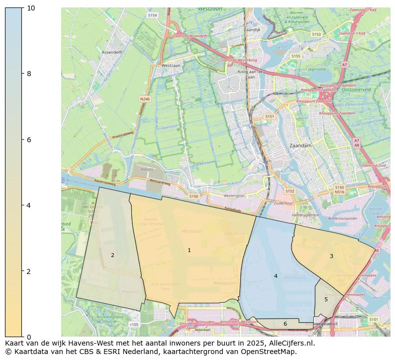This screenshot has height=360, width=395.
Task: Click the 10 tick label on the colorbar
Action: pyautogui.click(x=30, y=8)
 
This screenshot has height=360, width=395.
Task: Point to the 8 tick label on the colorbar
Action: pyautogui.click(x=29, y=74)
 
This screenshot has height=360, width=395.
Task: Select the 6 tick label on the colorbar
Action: pyautogui.click(x=29, y=140)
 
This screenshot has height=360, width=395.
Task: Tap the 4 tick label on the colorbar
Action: pyautogui.click(x=29, y=205)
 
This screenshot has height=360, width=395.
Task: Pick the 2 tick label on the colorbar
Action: pyautogui.click(x=29, y=271)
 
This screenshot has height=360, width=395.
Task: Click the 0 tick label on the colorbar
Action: pyautogui.click(x=29, y=337)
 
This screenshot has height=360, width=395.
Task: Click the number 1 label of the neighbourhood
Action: pyautogui.click(x=189, y=250)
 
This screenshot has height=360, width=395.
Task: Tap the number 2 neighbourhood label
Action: pyautogui.click(x=112, y=255)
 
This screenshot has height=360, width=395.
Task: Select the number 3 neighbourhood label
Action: pyautogui.click(x=331, y=256)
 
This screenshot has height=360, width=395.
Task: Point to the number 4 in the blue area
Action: pyautogui.click(x=276, y=276)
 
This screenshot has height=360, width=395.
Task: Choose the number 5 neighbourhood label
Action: pyautogui.click(x=326, y=299)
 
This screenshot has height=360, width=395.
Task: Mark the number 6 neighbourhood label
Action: pyautogui.click(x=285, y=324)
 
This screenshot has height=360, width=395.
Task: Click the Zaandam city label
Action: pyautogui.click(x=300, y=146)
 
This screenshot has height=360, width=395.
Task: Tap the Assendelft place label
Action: pyautogui.click(x=112, y=52)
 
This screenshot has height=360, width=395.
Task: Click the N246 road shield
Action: pyautogui.click(x=145, y=99)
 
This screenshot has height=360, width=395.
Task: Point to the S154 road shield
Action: pyautogui.click(x=152, y=15)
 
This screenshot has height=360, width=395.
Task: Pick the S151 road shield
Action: pyautogui.click(x=270, y=116)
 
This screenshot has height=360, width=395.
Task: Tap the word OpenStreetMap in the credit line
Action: pyautogui.click(x=270, y=352)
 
